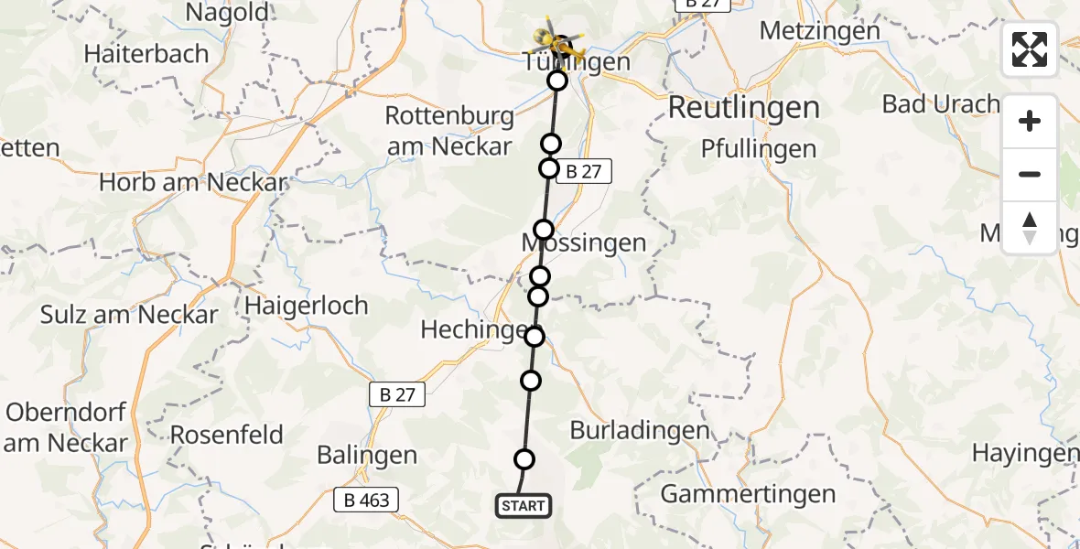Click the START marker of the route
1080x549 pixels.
524,506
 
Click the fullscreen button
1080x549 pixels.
1030,49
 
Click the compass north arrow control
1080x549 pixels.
1030,228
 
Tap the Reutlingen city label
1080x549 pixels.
743,108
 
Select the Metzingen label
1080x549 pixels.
820,30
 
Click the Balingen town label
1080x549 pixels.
366,455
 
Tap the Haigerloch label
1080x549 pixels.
307,305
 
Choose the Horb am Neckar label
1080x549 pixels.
193,182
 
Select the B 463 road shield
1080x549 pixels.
366,500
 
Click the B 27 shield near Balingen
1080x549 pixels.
397,394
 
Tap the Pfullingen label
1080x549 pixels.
758,148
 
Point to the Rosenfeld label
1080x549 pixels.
227,434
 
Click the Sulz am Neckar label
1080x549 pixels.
129,315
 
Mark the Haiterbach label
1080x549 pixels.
146,53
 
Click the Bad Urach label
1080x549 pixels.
941,103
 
